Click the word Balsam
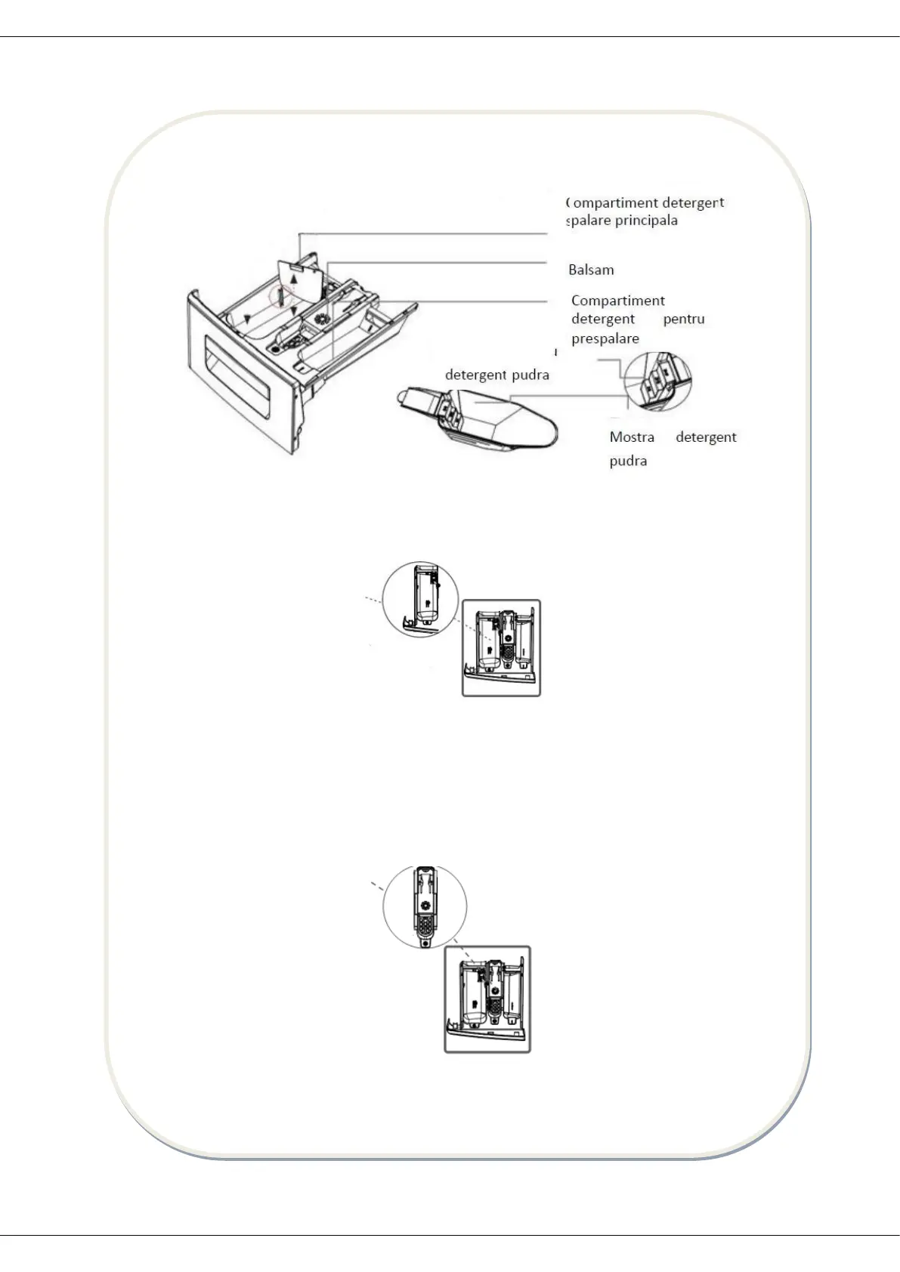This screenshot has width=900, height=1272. coord(591,270)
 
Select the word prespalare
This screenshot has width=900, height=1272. coord(605,338)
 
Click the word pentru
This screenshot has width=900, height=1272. coord(684,319)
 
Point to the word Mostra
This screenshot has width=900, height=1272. coord(632,437)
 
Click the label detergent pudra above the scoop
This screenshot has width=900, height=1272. coord(497,375)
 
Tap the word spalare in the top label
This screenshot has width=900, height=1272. coord(587,221)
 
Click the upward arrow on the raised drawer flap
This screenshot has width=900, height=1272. coord(293,273)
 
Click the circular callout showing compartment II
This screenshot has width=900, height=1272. coord(421,598)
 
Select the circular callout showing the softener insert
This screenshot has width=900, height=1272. coord(425,906)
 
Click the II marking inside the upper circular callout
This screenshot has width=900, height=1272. coord(428,604)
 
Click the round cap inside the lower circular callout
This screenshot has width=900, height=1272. coord(425,905)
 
